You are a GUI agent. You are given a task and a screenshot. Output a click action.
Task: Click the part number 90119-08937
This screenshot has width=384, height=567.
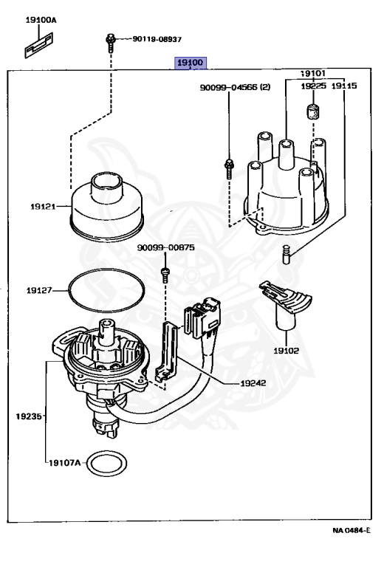157,38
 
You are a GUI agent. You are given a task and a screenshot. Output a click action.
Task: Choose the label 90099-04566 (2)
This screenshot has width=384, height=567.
235,87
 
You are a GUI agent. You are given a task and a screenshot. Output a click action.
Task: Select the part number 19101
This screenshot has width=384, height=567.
313,73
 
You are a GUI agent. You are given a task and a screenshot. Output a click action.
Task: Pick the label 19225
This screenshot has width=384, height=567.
312,86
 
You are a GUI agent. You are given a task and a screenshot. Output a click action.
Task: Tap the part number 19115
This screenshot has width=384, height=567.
344,86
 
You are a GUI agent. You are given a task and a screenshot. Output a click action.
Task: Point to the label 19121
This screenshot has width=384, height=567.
44,207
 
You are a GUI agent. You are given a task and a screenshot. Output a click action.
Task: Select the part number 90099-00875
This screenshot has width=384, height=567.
165,248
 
